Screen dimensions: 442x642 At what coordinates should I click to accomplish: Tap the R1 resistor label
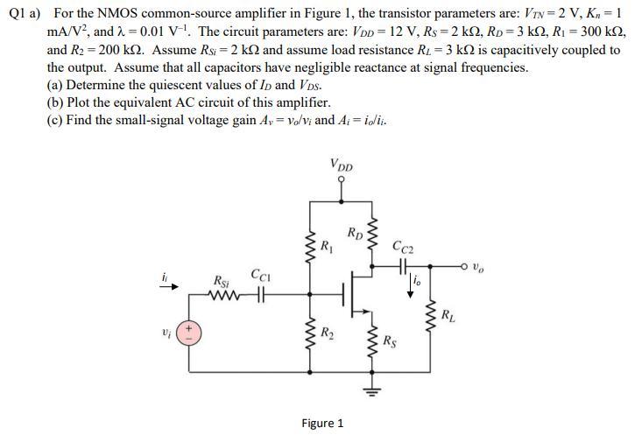coord(326,245)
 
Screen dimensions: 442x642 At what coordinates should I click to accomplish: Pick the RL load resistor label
coord(448,314)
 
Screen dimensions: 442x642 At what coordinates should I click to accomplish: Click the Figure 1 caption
coord(322,424)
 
